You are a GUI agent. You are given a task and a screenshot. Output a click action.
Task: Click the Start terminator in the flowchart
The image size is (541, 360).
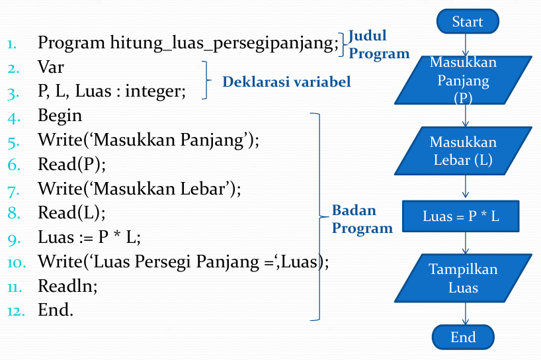click(x=468, y=21)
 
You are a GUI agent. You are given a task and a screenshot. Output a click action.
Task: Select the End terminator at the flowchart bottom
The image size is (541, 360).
click(x=463, y=337)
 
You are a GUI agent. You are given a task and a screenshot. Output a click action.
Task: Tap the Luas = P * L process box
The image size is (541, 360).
click(x=460, y=216)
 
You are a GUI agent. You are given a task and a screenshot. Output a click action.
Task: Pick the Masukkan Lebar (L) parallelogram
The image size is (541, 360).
click(x=463, y=151)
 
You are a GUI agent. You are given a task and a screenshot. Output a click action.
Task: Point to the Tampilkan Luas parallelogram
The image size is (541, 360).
click(x=463, y=278)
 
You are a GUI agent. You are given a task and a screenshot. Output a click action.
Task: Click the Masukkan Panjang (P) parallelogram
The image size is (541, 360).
click(x=463, y=80)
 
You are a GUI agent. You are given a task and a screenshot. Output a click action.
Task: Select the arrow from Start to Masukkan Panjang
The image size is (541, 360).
click(x=466, y=45)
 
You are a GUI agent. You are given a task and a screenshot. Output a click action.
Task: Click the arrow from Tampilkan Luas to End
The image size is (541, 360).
click(x=466, y=314)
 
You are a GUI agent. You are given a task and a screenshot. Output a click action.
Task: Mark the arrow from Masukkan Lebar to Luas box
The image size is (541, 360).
click(x=466, y=187)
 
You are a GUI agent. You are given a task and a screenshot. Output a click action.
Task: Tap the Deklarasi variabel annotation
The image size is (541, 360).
click(x=286, y=82)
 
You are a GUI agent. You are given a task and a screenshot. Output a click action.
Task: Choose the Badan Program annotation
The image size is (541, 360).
click(x=362, y=219)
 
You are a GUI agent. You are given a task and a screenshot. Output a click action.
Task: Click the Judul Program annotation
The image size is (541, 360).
click(x=379, y=44)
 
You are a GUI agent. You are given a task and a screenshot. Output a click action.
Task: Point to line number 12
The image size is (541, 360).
click(x=17, y=311)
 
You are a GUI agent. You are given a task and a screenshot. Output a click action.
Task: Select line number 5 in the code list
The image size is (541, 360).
click(x=13, y=142)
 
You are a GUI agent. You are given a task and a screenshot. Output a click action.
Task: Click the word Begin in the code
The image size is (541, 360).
click(x=60, y=116)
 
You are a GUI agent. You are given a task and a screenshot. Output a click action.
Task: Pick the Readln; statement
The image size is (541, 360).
click(x=67, y=286)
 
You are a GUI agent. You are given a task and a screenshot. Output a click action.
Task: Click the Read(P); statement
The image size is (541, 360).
click(x=72, y=164)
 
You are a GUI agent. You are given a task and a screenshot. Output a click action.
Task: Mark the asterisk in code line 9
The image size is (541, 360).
click(x=117, y=235)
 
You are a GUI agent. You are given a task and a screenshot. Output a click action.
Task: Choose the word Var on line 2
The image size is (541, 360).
click(x=51, y=67)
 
